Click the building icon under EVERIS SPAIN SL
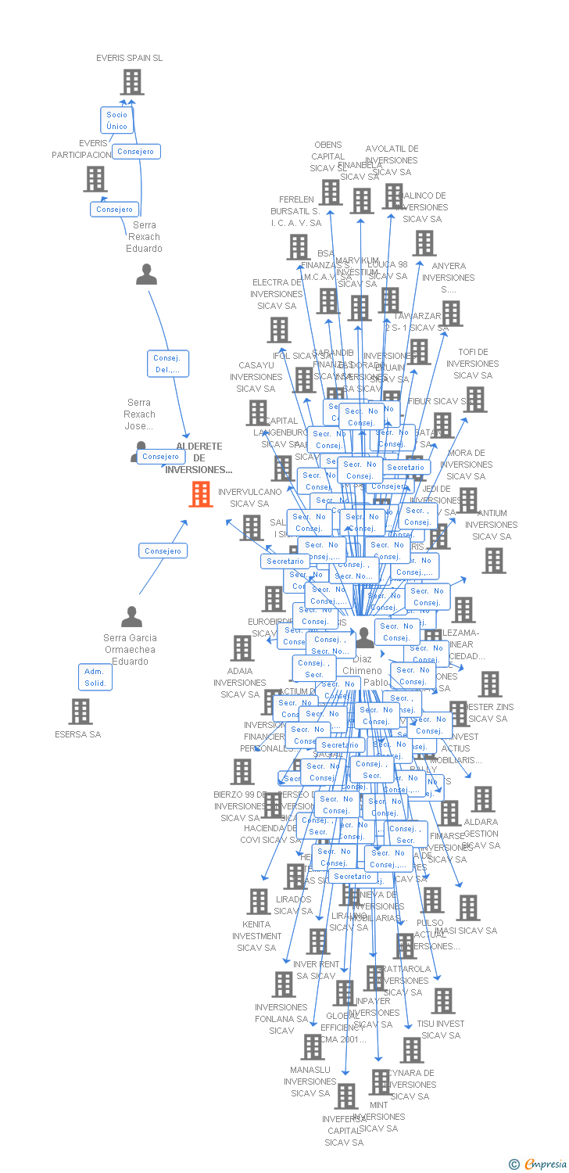click(132, 82)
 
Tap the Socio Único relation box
click(116, 120)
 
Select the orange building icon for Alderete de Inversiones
click(201, 494)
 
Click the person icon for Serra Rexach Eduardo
click(146, 274)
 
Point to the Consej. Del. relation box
click(168, 364)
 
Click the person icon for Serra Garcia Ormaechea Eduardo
click(132, 617)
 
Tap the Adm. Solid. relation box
click(95, 676)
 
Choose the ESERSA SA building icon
click(81, 712)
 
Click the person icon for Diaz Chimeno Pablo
click(365, 638)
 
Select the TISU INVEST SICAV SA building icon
click(443, 1001)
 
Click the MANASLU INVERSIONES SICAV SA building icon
click(313, 1047)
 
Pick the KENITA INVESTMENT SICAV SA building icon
click(259, 902)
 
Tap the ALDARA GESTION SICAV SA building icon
click(483, 799)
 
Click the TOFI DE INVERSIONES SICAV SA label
click(473, 364)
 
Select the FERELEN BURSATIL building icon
click(298, 247)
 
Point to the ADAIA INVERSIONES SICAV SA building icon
click(242, 648)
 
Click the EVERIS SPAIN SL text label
click(130, 58)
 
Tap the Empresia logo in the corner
click(539, 1164)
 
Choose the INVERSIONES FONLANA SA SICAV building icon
click(284, 985)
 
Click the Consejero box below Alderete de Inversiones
click(163, 551)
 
